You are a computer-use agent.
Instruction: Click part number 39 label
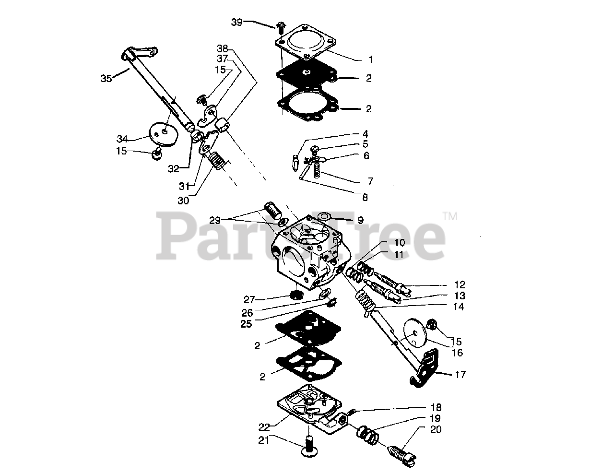(x=236, y=22)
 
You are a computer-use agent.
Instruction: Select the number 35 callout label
(x=107, y=78)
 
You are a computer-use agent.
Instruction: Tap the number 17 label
(x=460, y=375)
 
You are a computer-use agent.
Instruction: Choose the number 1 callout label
(x=370, y=59)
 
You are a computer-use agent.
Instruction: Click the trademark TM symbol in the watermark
(x=449, y=217)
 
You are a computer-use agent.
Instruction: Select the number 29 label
(x=214, y=220)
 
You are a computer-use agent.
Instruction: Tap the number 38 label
(x=222, y=48)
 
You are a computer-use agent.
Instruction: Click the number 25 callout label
(x=247, y=324)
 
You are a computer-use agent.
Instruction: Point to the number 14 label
(x=459, y=307)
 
